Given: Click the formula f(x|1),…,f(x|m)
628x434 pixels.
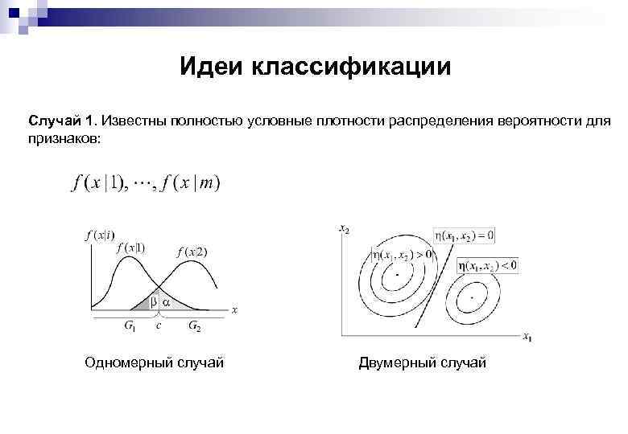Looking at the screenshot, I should point(146,182).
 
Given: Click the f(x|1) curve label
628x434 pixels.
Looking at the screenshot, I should point(130,248).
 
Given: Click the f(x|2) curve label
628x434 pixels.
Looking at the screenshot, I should point(192,252).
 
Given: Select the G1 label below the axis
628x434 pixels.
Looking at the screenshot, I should point(130,325).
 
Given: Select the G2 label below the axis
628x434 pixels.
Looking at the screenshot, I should point(195,325).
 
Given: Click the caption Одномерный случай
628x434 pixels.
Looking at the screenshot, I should point(155,363).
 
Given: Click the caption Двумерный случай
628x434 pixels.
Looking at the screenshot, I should point(423,363).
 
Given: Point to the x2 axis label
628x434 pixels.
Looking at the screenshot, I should point(345,230).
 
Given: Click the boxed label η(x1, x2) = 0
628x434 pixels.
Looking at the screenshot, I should point(465,235).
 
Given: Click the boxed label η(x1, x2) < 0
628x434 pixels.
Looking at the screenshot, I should point(487,264).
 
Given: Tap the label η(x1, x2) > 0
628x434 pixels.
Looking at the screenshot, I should point(402,254).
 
